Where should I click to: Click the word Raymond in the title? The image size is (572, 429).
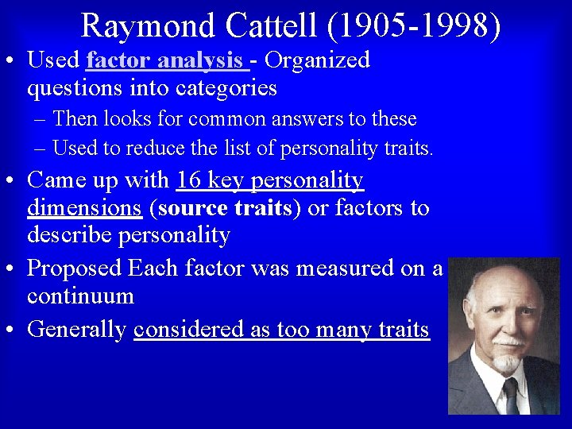click(149, 25)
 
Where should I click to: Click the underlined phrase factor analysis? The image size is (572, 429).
click(164, 60)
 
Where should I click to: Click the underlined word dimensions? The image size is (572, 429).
click(84, 208)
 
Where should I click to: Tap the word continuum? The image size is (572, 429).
click(80, 296)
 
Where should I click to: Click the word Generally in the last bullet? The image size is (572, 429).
click(77, 329)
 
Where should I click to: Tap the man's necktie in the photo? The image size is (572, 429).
click(510, 397)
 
